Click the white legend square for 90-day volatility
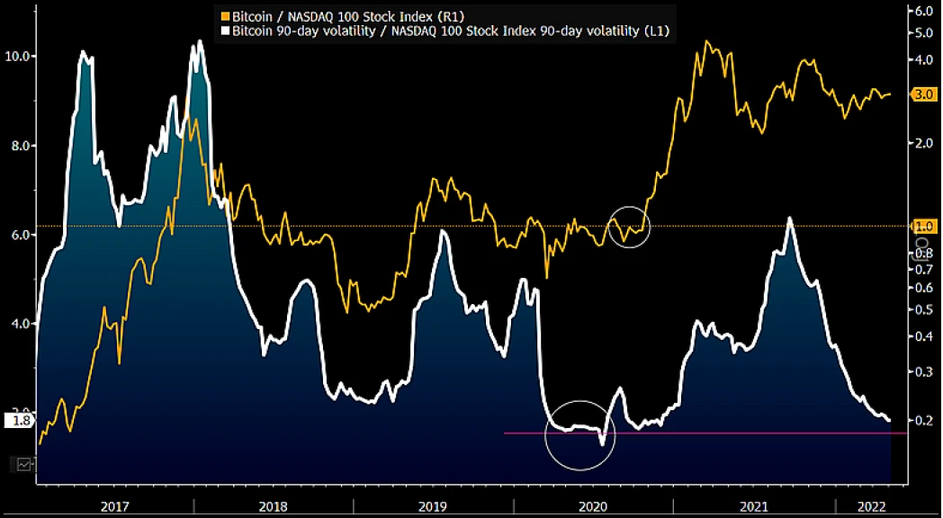(225, 31)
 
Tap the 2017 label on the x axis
(114, 507)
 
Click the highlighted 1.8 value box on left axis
(20, 420)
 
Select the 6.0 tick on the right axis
(924, 12)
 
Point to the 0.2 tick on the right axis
(924, 420)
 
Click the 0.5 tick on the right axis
(924, 309)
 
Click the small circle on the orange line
(629, 226)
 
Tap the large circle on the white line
(580, 435)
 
